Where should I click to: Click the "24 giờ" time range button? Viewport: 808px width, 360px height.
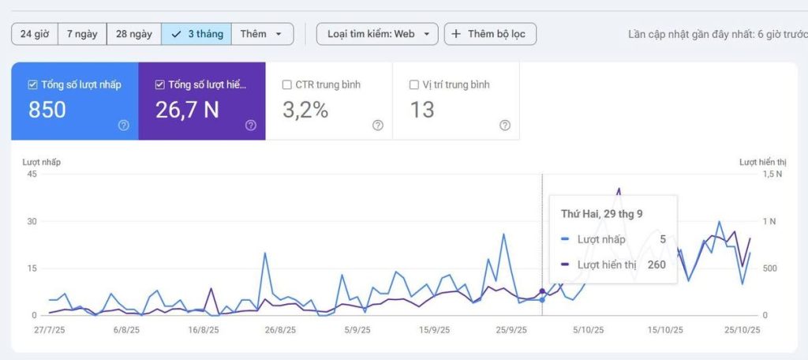pyautogui.click(x=35, y=34)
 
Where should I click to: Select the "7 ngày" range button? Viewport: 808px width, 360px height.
pyautogui.click(x=82, y=34)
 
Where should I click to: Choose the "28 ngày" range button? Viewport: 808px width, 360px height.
pyautogui.click(x=133, y=34)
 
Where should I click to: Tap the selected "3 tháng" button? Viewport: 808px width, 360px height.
pyautogui.click(x=196, y=34)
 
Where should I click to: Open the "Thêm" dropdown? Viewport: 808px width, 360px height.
pyautogui.click(x=262, y=34)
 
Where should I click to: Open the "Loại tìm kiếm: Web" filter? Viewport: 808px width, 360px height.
pyautogui.click(x=377, y=34)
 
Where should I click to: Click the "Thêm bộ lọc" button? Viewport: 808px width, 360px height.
pyautogui.click(x=490, y=34)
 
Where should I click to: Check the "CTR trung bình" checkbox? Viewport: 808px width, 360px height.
pyautogui.click(x=288, y=84)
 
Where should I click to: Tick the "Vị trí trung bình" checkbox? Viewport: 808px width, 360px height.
pyautogui.click(x=415, y=84)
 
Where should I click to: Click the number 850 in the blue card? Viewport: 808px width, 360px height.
pyautogui.click(x=47, y=111)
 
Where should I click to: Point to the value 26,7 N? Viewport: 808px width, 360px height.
pyautogui.click(x=187, y=111)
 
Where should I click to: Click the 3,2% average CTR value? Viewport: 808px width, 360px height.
pyautogui.click(x=305, y=111)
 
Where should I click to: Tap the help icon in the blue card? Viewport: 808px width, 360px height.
pyautogui.click(x=123, y=125)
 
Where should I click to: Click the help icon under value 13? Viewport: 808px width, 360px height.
pyautogui.click(x=505, y=125)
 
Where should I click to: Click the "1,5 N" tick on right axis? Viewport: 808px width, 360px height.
pyautogui.click(x=772, y=174)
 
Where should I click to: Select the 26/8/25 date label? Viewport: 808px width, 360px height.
pyautogui.click(x=280, y=330)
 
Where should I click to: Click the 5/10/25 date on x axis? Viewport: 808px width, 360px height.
pyautogui.click(x=588, y=330)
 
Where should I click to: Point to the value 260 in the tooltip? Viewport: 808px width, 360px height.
pyautogui.click(x=656, y=264)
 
